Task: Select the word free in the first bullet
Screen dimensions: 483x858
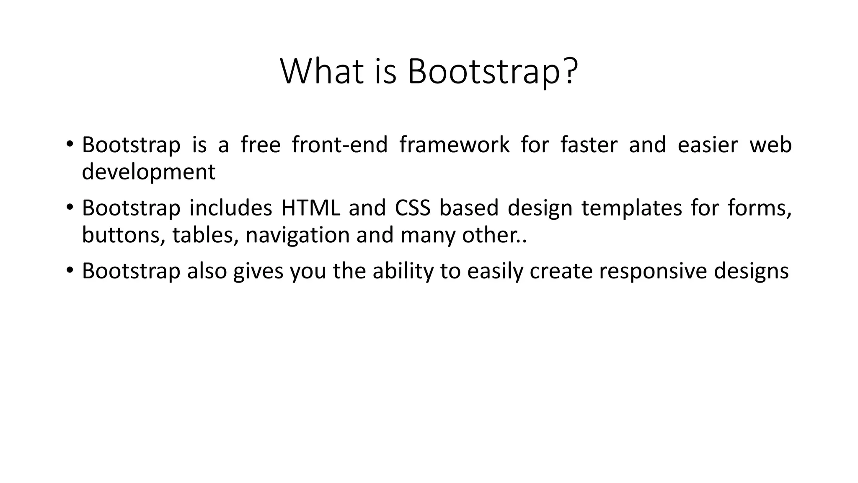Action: pyautogui.click(x=260, y=145)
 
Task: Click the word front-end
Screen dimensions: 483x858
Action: pyautogui.click(x=340, y=145)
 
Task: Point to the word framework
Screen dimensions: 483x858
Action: pyautogui.click(x=454, y=145)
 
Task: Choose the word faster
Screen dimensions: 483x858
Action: pyautogui.click(x=589, y=145)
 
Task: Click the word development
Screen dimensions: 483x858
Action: pyautogui.click(x=148, y=172)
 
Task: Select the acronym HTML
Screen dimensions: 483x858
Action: pyautogui.click(x=310, y=208)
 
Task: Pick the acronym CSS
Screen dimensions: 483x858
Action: pyautogui.click(x=413, y=208)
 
